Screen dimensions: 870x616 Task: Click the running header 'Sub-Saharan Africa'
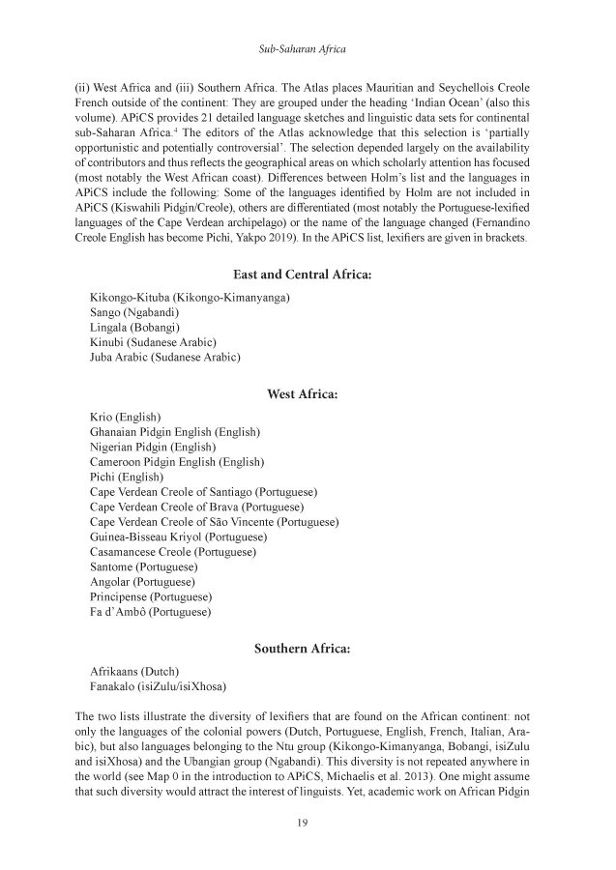pyautogui.click(x=308, y=47)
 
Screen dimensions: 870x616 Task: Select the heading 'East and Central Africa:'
pyautogui.click(x=308, y=275)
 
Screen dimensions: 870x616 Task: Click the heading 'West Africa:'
pyautogui.click(x=308, y=393)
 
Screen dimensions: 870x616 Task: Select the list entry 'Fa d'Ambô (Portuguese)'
pyautogui.click(x=150, y=612)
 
